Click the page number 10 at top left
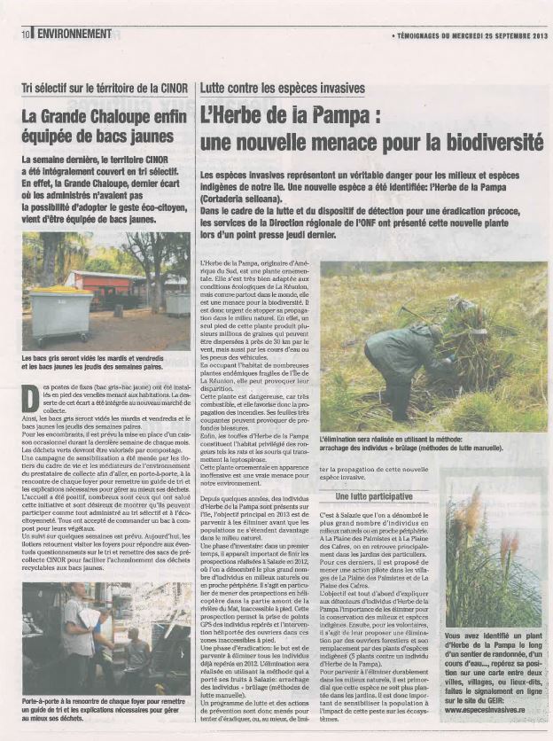27,34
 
